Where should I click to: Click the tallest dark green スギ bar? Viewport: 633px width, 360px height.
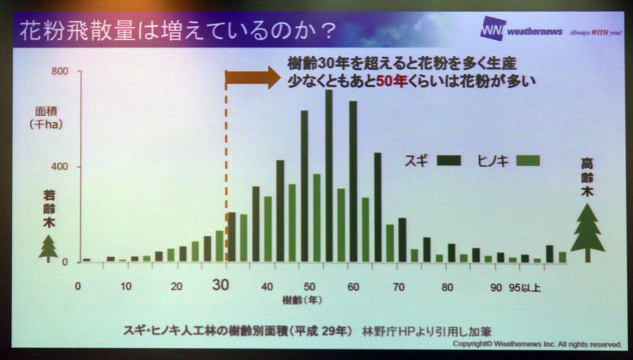click(x=329, y=176)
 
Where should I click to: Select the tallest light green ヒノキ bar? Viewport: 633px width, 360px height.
click(x=317, y=218)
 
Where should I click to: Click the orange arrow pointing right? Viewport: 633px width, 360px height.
click(x=252, y=77)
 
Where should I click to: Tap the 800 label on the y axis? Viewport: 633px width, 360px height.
click(x=60, y=72)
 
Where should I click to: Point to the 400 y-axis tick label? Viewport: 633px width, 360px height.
click(x=60, y=166)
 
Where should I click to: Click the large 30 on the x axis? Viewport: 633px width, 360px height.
click(x=221, y=285)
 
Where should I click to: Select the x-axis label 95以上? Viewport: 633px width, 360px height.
click(x=524, y=288)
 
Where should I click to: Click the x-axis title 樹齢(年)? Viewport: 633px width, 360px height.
click(x=302, y=301)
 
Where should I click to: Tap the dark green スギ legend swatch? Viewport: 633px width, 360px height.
click(x=449, y=161)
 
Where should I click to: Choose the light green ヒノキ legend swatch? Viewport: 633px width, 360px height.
click(x=528, y=161)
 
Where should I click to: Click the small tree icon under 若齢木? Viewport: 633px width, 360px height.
click(x=48, y=249)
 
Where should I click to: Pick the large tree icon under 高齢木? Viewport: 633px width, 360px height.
click(x=587, y=233)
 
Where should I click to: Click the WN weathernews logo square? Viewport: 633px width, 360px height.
click(x=493, y=28)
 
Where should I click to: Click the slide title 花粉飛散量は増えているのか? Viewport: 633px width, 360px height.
click(x=178, y=30)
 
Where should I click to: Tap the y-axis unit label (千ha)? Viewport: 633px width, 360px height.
click(x=46, y=124)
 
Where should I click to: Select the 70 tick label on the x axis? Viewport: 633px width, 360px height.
click(x=399, y=287)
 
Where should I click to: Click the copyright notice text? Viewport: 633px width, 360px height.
click(x=537, y=344)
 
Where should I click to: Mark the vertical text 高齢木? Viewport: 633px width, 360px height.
click(x=587, y=178)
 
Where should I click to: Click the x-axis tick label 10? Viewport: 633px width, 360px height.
click(x=126, y=286)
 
